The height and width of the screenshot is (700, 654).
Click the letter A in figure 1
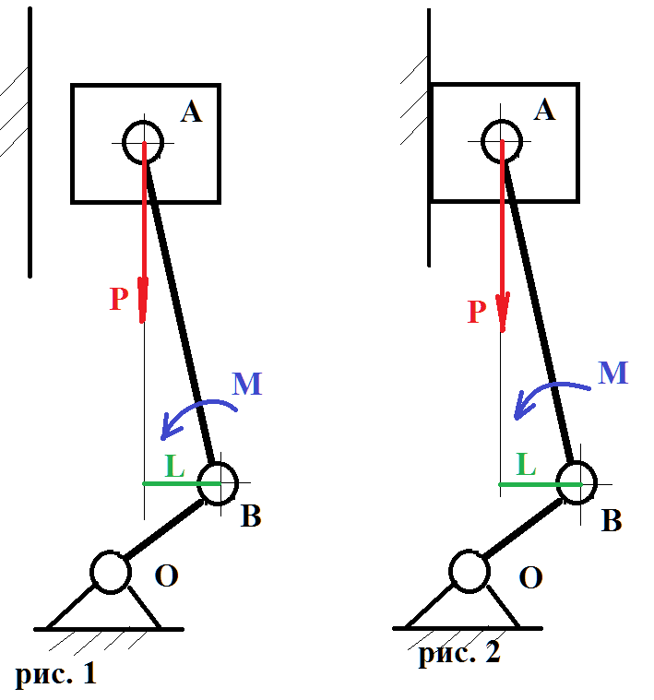192,113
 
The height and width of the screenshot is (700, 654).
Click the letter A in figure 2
544,110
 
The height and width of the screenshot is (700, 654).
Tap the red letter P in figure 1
118,300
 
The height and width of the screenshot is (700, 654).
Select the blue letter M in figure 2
613,373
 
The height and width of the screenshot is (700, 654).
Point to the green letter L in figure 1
174,466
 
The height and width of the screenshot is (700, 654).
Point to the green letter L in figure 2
526,464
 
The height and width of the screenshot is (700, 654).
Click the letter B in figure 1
251,516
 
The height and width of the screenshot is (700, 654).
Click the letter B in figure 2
611,521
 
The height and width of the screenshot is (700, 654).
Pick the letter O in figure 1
167,576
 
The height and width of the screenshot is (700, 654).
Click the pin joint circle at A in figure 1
144,143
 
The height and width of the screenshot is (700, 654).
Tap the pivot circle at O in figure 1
111,572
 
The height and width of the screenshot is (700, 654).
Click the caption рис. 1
55,674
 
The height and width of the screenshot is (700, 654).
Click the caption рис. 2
458,654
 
